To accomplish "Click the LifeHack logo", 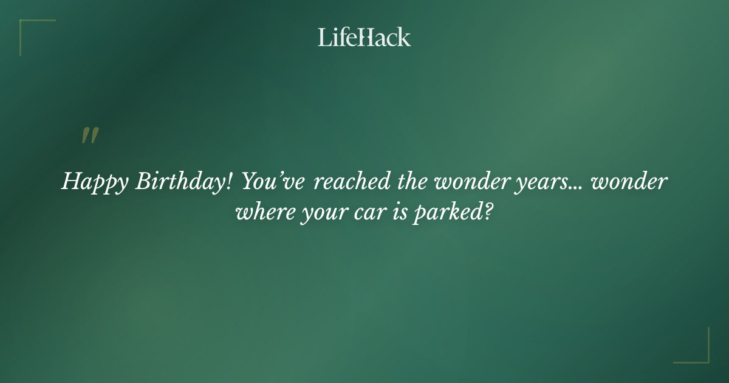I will click(364, 37).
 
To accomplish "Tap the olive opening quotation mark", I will click(90, 136).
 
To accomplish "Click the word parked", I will click(447, 214).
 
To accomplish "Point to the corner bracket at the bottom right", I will click(699, 353).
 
